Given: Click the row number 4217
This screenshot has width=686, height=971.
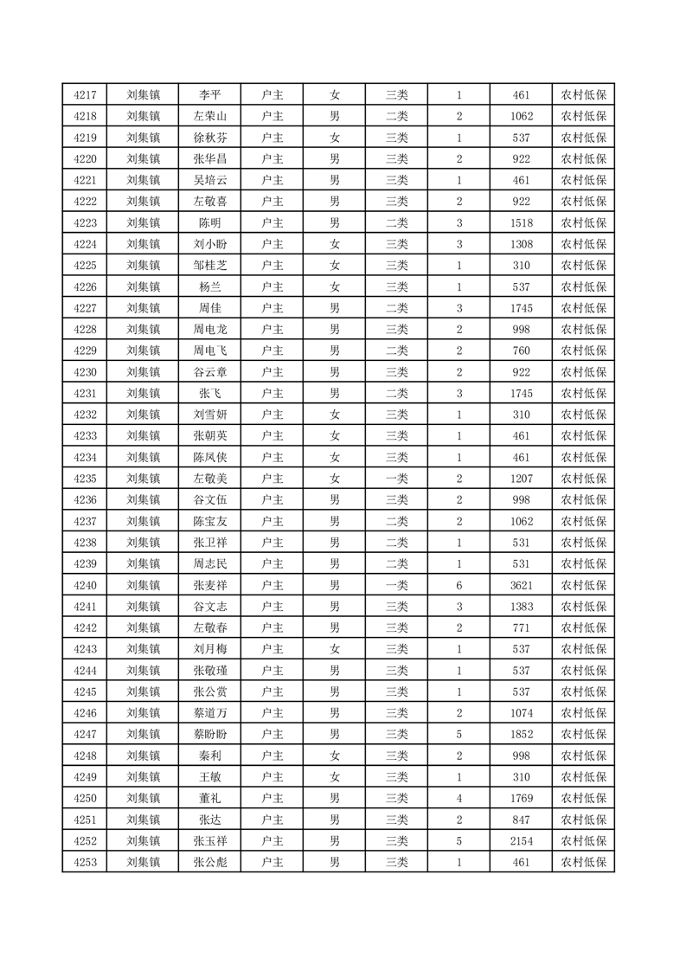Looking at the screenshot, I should pyautogui.click(x=85, y=95).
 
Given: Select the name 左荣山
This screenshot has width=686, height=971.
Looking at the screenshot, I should pyautogui.click(x=210, y=117).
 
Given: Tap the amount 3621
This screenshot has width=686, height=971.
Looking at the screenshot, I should pyautogui.click(x=521, y=585).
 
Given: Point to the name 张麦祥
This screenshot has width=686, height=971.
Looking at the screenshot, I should pyautogui.click(x=210, y=585).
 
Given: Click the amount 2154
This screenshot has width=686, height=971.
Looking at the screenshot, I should pyautogui.click(x=521, y=840).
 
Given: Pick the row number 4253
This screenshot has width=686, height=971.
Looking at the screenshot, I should pyautogui.click(x=85, y=862).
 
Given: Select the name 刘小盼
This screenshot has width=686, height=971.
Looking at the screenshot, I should pyautogui.click(x=210, y=244).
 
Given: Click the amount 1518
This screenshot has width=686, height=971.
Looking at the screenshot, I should pyautogui.click(x=521, y=223).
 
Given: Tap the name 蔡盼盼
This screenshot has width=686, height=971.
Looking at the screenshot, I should pyautogui.click(x=210, y=734).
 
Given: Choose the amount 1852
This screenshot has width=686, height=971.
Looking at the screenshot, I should pyautogui.click(x=521, y=734).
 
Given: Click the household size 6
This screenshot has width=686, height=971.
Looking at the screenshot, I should pyautogui.click(x=458, y=585).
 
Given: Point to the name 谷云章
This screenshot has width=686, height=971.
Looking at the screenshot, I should pyautogui.click(x=210, y=372).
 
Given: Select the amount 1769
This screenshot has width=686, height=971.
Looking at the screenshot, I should pyautogui.click(x=521, y=798).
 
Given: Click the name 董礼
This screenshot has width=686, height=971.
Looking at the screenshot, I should pyautogui.click(x=210, y=798).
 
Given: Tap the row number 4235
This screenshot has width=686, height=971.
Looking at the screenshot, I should pyautogui.click(x=85, y=479).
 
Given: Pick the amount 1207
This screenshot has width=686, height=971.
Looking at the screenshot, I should pyautogui.click(x=521, y=479).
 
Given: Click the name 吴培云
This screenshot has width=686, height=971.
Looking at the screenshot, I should pyautogui.click(x=210, y=180).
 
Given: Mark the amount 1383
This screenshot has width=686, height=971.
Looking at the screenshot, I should pyautogui.click(x=521, y=607).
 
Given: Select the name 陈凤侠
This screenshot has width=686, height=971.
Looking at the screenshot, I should pyautogui.click(x=210, y=457).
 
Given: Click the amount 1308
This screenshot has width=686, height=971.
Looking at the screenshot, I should pyautogui.click(x=521, y=244).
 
